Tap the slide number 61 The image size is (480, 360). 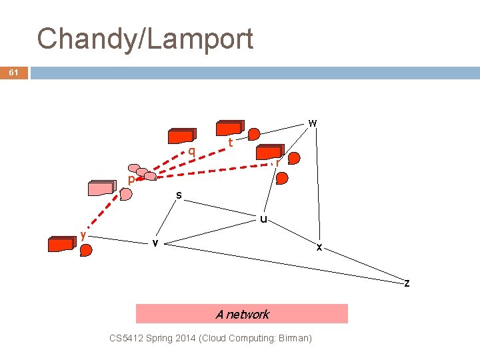click(x=14, y=73)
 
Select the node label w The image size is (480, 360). click(x=312, y=123)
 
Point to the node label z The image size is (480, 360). click(x=407, y=283)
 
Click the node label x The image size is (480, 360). click(x=319, y=247)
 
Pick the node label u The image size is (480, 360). click(x=264, y=218)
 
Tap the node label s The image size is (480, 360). click(x=179, y=195)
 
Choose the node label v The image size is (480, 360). click(x=155, y=243)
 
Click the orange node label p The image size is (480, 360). click(x=131, y=179)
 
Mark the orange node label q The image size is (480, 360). click(x=191, y=151)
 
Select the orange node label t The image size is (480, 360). click(x=230, y=142)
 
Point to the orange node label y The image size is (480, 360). click(x=83, y=235)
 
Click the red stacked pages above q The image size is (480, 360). click(x=182, y=136)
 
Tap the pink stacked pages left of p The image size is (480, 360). click(x=102, y=188)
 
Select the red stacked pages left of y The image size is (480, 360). click(x=61, y=243)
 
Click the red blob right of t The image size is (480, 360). click(x=254, y=134)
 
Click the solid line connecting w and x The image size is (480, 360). click(x=317, y=187)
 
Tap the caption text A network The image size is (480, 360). click(x=242, y=314)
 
